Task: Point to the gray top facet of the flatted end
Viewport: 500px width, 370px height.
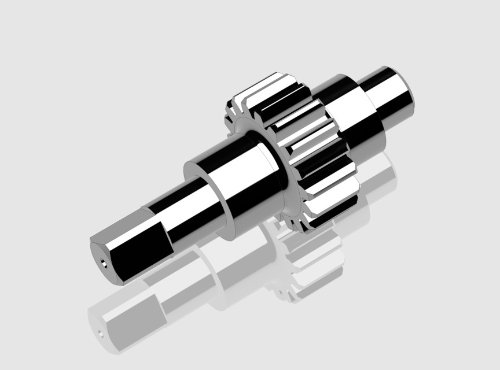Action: coord(124,228)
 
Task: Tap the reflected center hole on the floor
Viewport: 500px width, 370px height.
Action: coord(99,333)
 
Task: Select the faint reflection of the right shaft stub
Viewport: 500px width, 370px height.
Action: coord(382,173)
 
